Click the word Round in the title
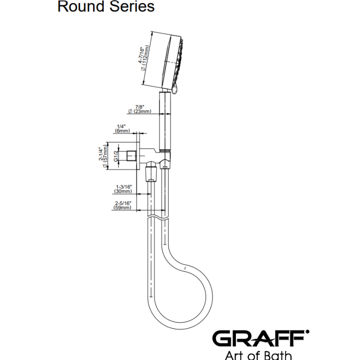point(81,6)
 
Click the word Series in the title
point(132,6)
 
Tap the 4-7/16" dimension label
point(140,54)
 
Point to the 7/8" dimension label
point(139,107)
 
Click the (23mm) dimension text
point(139,111)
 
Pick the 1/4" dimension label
point(121,126)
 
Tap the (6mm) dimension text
point(122,131)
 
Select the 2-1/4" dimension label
point(101,153)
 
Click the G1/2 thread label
point(116,156)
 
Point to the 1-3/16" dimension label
point(124,187)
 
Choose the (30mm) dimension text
point(123,191)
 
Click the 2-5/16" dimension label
point(123,203)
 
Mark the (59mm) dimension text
point(122,207)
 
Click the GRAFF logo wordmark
point(260,338)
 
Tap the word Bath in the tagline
point(278,355)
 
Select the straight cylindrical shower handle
point(165,121)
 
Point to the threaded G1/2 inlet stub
point(132,156)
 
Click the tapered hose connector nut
point(151,174)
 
